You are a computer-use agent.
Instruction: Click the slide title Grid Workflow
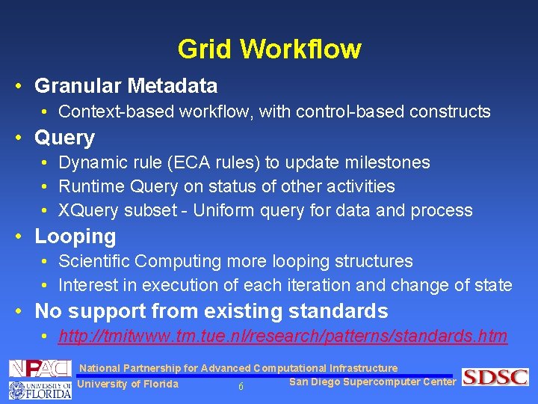coord(269,49)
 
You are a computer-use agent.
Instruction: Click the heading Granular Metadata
coord(126,86)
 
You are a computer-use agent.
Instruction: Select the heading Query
coord(65,138)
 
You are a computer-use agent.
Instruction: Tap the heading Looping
coord(75,236)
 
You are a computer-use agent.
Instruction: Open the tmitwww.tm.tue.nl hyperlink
coord(282,337)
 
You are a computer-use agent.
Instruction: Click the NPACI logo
coord(40,368)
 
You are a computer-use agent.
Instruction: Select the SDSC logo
coord(495,377)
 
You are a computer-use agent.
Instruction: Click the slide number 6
coord(241,387)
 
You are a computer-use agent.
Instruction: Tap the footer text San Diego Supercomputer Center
coord(372,382)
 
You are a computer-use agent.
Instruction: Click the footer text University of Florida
coord(128,385)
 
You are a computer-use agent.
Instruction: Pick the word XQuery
coord(88,211)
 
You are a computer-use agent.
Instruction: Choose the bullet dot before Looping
coord(19,236)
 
